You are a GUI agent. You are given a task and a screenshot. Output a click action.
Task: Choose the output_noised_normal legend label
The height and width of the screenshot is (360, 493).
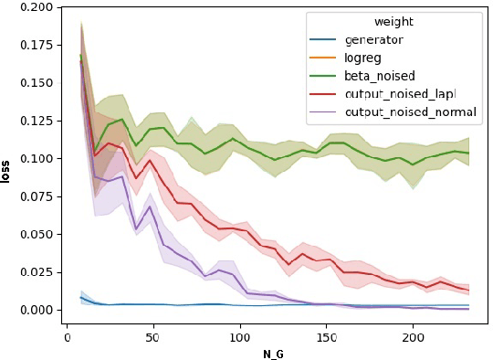pyautogui.click(x=411, y=111)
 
